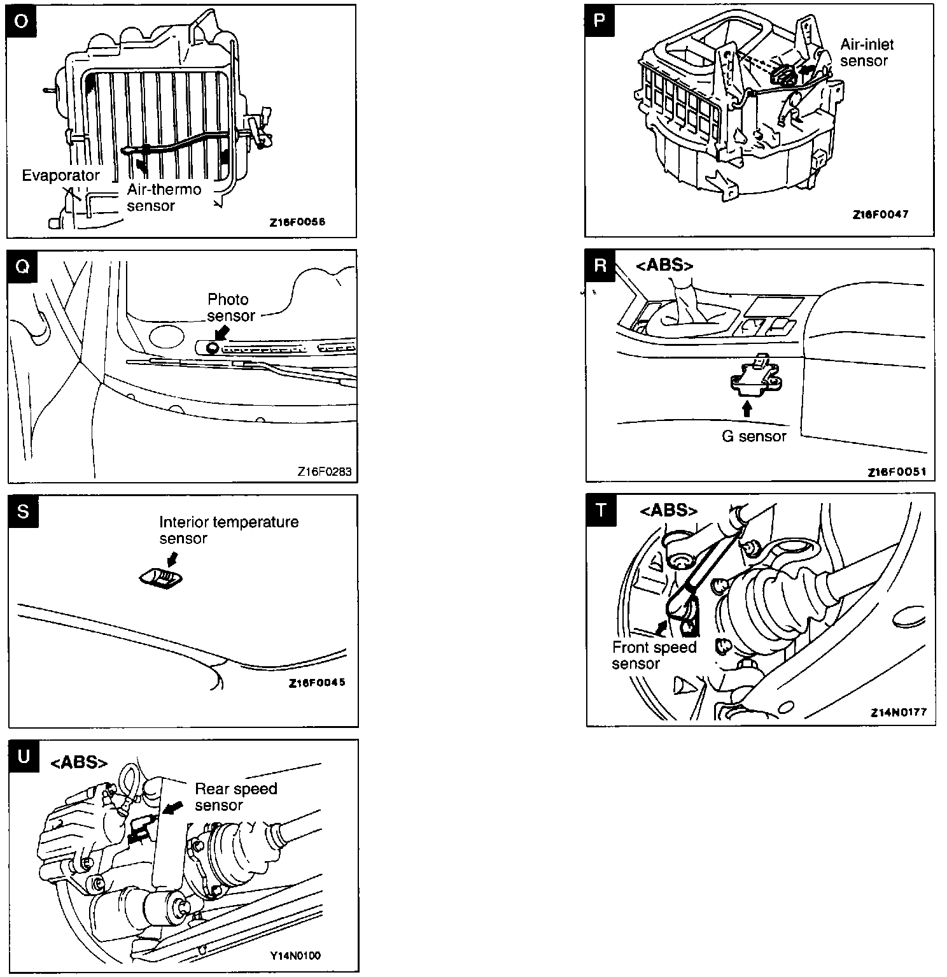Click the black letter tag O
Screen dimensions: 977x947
pos(22,21)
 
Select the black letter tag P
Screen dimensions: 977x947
pos(600,20)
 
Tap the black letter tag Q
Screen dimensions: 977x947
pos(22,266)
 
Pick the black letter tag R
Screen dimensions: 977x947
pos(600,265)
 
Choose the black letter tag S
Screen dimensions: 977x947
pos(23,511)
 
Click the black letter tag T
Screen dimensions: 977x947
pos(601,510)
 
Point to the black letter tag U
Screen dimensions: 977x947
pos(24,756)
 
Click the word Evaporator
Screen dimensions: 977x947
pos(60,175)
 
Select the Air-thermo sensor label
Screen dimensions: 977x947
pos(164,197)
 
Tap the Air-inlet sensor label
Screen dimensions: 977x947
pos(866,53)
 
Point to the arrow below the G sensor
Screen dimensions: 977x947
pos(747,408)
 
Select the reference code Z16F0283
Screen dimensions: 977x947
pos(324,472)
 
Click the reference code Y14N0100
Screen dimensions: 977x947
pos(295,955)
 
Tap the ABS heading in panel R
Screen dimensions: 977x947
pos(664,265)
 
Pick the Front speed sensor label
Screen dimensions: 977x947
pos(654,655)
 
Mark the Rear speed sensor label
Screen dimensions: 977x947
pos(235,797)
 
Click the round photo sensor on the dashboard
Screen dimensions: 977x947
pos(212,347)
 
